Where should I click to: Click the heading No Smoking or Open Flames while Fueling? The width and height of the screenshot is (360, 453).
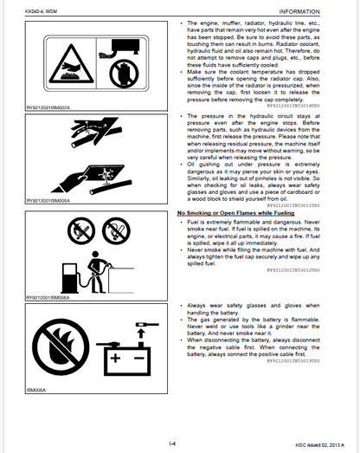(230, 212)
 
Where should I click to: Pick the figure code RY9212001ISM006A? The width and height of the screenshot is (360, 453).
(53, 299)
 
